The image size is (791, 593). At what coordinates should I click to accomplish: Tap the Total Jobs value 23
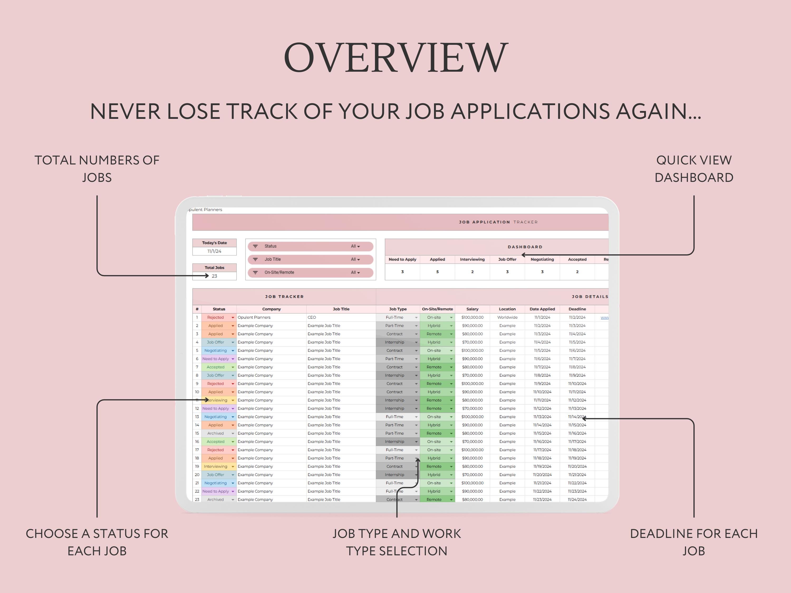(x=215, y=276)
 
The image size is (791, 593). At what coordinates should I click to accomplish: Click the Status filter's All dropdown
(x=355, y=246)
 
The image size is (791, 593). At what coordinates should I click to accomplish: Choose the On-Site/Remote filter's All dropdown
(x=355, y=272)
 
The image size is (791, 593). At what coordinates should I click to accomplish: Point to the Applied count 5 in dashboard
(x=437, y=272)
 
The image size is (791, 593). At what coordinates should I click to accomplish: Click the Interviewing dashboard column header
(x=472, y=260)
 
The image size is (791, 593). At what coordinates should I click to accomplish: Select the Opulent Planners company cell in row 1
(x=254, y=317)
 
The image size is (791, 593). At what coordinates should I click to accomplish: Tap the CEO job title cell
(x=312, y=317)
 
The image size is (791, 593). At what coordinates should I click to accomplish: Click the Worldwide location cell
(x=507, y=317)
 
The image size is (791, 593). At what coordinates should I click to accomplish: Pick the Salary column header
(x=472, y=309)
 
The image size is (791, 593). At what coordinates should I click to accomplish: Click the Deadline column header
(x=577, y=309)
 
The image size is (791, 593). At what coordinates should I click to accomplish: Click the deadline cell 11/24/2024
(x=577, y=500)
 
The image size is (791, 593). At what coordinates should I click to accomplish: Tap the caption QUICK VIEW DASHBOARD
(x=694, y=169)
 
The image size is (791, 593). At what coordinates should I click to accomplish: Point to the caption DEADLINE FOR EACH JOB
(x=694, y=542)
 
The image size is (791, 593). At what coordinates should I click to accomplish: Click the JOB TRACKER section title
(x=284, y=297)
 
